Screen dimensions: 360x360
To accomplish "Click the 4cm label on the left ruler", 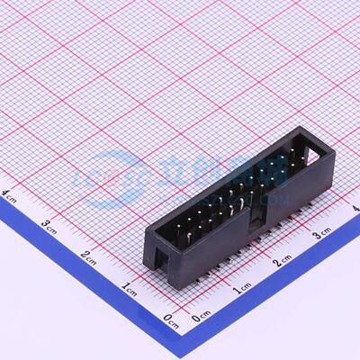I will pyautogui.click(x=9, y=192).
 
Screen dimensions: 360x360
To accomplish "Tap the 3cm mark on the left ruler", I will pyautogui.click(x=49, y=223).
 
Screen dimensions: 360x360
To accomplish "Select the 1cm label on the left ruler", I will pyautogui.click(x=129, y=288).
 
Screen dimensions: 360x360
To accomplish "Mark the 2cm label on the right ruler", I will pyautogui.click(x=283, y=262).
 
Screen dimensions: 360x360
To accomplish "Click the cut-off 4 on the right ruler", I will pyautogui.click(x=356, y=209).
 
